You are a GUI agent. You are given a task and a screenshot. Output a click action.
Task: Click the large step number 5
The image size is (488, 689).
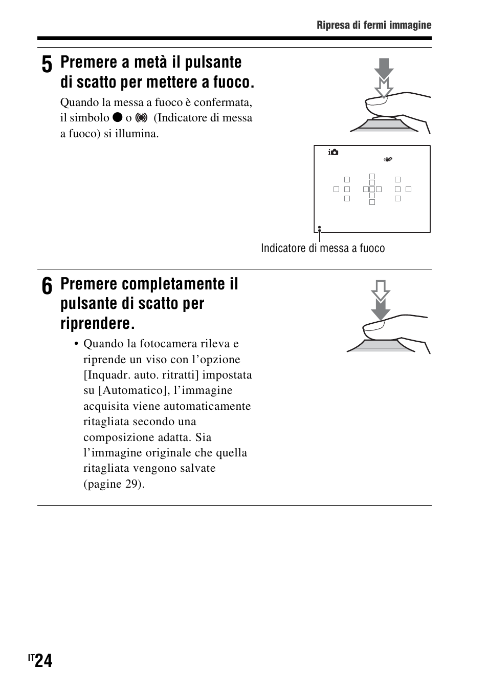coord(46,66)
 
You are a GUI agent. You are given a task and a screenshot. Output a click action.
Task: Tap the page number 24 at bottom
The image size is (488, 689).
coord(44,661)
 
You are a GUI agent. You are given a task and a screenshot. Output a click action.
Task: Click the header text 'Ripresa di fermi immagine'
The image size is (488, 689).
coord(374,25)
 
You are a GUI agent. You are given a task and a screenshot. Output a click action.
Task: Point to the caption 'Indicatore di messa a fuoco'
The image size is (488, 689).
coord(323,248)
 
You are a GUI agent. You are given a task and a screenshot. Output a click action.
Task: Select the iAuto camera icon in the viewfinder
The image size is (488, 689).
coord(334,152)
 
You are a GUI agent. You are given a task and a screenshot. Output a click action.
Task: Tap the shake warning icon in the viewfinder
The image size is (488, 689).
coord(388,159)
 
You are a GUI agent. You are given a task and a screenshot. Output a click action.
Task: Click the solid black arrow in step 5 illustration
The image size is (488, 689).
coord(384,68)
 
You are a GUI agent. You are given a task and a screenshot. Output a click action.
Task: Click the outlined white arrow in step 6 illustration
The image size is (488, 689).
coord(381,290)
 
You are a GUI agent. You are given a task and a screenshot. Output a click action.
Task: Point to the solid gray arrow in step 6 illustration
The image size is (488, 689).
coord(381,309)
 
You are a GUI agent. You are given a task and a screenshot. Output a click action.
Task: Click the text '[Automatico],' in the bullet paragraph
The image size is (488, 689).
coord(130,390)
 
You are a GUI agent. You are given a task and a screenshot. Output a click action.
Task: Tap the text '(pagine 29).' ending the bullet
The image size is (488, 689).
coord(114,484)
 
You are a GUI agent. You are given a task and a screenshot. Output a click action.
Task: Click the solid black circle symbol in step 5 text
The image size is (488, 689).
coord(117,118)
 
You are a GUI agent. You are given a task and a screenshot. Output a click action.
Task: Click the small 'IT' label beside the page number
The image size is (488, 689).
coord(32,657)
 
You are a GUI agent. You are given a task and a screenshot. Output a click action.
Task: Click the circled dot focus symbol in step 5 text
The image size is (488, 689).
coord(142,118)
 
